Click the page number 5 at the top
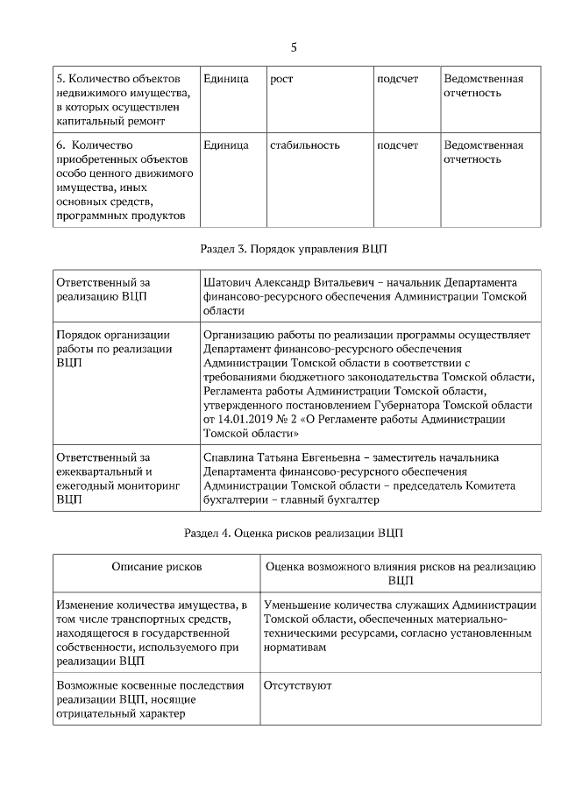(x=294, y=46)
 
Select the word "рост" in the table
(x=281, y=79)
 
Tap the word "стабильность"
(x=304, y=145)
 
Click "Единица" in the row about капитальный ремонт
(x=225, y=79)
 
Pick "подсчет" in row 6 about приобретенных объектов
(x=397, y=145)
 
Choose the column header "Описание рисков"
(x=156, y=567)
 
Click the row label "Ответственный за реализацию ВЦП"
(x=103, y=290)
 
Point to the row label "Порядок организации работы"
(x=112, y=349)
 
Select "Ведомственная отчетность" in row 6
(x=483, y=152)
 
